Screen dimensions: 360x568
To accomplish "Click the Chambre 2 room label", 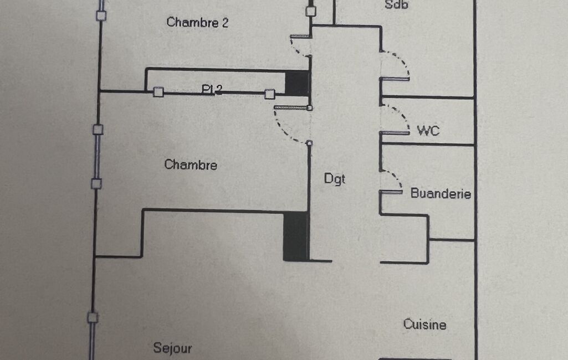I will pyautogui.click(x=197, y=23).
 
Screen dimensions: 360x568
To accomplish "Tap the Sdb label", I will pyautogui.click(x=396, y=5).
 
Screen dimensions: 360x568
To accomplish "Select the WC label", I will pyautogui.click(x=428, y=131).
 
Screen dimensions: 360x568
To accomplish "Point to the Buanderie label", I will pyautogui.click(x=441, y=194).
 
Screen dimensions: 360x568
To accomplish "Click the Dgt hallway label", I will pyautogui.click(x=335, y=179).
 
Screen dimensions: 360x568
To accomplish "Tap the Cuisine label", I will pyautogui.click(x=424, y=324).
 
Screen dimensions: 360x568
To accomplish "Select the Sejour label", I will pyautogui.click(x=172, y=348).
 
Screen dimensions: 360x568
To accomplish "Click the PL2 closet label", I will pyautogui.click(x=212, y=90).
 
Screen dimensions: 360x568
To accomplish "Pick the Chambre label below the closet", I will pyautogui.click(x=191, y=165).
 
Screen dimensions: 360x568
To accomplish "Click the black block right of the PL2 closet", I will pyautogui.click(x=296, y=83).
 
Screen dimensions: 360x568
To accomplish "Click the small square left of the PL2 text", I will pyautogui.click(x=158, y=92).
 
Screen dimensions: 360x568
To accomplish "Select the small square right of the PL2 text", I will pyautogui.click(x=269, y=94).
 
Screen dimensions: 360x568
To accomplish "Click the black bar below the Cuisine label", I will pyautogui.click(x=415, y=359).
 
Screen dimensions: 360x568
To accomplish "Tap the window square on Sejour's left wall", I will pyautogui.click(x=93, y=317).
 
